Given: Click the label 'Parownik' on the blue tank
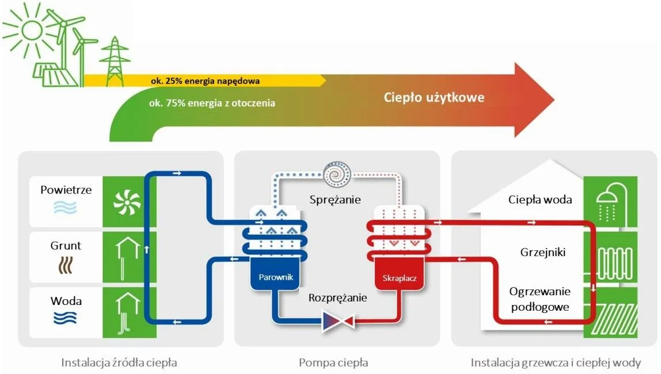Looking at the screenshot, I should click(272, 277).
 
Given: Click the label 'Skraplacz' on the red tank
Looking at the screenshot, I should click(399, 279).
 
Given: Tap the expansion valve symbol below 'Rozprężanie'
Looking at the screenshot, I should click(337, 321).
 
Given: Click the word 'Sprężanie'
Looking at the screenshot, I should click(335, 200).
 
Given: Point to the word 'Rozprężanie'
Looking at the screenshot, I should click(337, 298).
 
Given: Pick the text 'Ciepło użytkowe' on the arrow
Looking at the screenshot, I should click(434, 97).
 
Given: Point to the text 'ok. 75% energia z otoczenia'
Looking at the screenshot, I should click(211, 104).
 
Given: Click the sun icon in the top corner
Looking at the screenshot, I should click(31, 27).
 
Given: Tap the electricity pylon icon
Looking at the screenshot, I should click(116, 60).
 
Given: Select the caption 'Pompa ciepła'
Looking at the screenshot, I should click(333, 363).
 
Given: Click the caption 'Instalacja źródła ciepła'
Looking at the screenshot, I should click(119, 363).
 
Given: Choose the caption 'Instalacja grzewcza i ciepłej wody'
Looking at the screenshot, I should click(556, 363).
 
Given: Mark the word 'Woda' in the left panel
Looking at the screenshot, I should click(66, 301).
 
